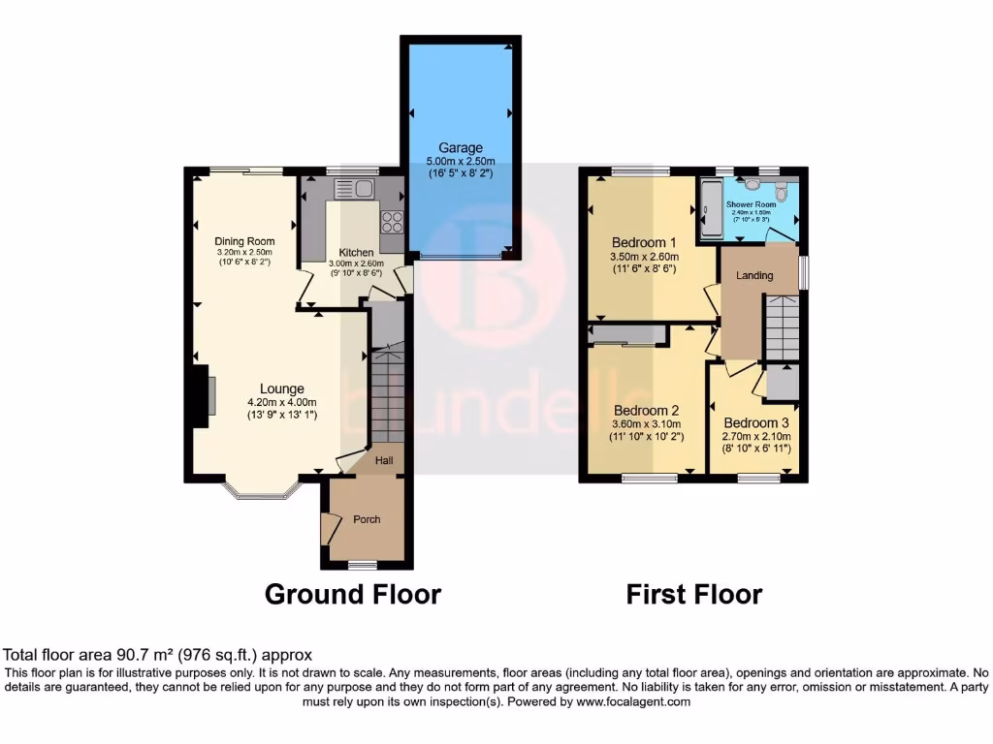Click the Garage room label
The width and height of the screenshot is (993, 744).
coord(460,148)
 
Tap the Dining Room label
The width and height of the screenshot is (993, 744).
coord(244,241)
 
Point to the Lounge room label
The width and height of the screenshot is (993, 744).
coord(281,389)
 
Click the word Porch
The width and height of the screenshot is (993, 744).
coord(367,519)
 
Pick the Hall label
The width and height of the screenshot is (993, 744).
coord(383,460)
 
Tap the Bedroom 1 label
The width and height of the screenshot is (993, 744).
coord(644,242)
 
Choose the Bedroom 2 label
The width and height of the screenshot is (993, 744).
coord(645,410)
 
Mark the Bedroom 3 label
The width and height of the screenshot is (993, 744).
coord(756,423)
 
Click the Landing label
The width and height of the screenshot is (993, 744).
coord(754,276)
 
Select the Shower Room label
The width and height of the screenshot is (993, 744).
coord(752,204)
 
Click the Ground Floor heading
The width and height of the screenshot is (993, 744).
coord(353,594)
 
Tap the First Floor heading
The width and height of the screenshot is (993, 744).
coord(694,594)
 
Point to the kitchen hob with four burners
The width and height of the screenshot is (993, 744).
coord(392,222)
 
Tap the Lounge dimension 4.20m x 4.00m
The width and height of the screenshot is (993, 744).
coord(281,402)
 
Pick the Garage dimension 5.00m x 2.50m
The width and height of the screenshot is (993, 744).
coord(461,161)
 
